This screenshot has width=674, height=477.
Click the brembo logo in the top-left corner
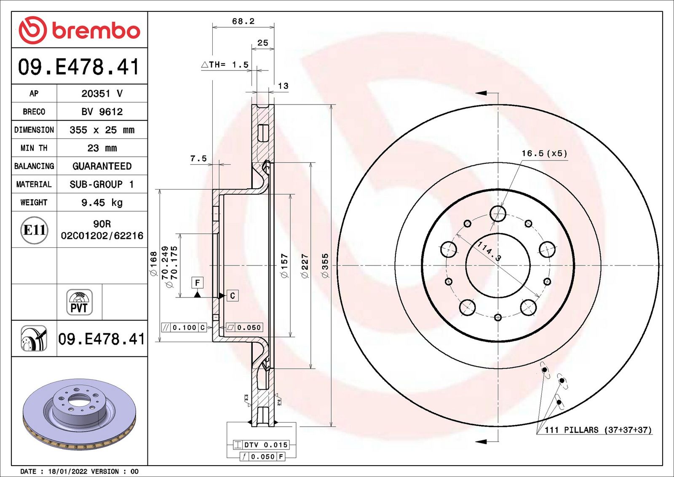[x=80, y=30]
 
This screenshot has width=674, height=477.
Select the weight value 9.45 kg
[x=102, y=203]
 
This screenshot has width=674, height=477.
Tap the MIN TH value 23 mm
[x=102, y=148]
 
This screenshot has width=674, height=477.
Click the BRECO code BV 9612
[x=102, y=112]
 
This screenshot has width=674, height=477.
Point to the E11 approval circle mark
[x=34, y=230]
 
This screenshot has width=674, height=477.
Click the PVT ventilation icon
[x=79, y=302]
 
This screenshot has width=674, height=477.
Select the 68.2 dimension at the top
[x=243, y=21]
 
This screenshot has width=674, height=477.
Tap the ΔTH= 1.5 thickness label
[x=225, y=65]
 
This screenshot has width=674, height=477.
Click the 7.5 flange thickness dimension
[x=198, y=158]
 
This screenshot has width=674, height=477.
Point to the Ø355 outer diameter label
[x=325, y=265]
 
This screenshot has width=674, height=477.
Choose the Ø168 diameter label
[x=153, y=264]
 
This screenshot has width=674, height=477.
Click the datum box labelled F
[x=198, y=283]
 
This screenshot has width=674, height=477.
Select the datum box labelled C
[x=232, y=296]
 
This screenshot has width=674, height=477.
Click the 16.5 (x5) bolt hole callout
[x=544, y=153]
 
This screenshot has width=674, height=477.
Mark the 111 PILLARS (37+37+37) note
[x=598, y=430]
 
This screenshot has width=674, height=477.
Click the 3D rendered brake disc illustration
[x=80, y=414]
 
